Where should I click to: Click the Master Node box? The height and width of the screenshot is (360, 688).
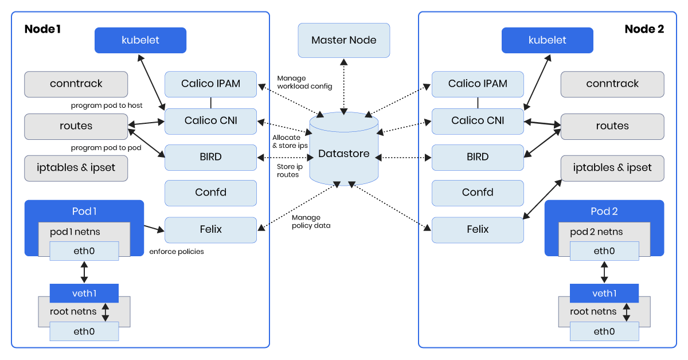343,40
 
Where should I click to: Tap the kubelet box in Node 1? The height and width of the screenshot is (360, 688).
140,40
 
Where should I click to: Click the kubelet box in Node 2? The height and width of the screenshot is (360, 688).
547,40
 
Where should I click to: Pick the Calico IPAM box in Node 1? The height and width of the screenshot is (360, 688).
210,84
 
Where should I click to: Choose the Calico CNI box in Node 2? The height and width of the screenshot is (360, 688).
477,120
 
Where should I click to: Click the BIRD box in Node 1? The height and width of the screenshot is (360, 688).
210,157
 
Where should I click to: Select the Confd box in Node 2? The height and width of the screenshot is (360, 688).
477,193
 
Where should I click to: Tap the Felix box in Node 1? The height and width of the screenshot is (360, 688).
210,229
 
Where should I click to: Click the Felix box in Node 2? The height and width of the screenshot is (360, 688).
477,229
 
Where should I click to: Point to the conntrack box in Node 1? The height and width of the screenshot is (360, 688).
76,84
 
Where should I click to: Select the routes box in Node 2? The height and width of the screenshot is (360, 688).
612,126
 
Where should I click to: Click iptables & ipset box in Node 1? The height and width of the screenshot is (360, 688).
76,168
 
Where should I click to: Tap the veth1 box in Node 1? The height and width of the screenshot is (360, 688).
84,294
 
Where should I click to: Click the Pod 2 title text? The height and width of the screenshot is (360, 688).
604,211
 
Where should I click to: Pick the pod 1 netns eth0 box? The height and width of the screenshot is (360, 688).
84,251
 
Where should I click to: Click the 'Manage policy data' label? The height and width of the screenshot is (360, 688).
311,221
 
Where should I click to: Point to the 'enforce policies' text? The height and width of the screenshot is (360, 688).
176,252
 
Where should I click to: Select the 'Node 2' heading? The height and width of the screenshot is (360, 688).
644,29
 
